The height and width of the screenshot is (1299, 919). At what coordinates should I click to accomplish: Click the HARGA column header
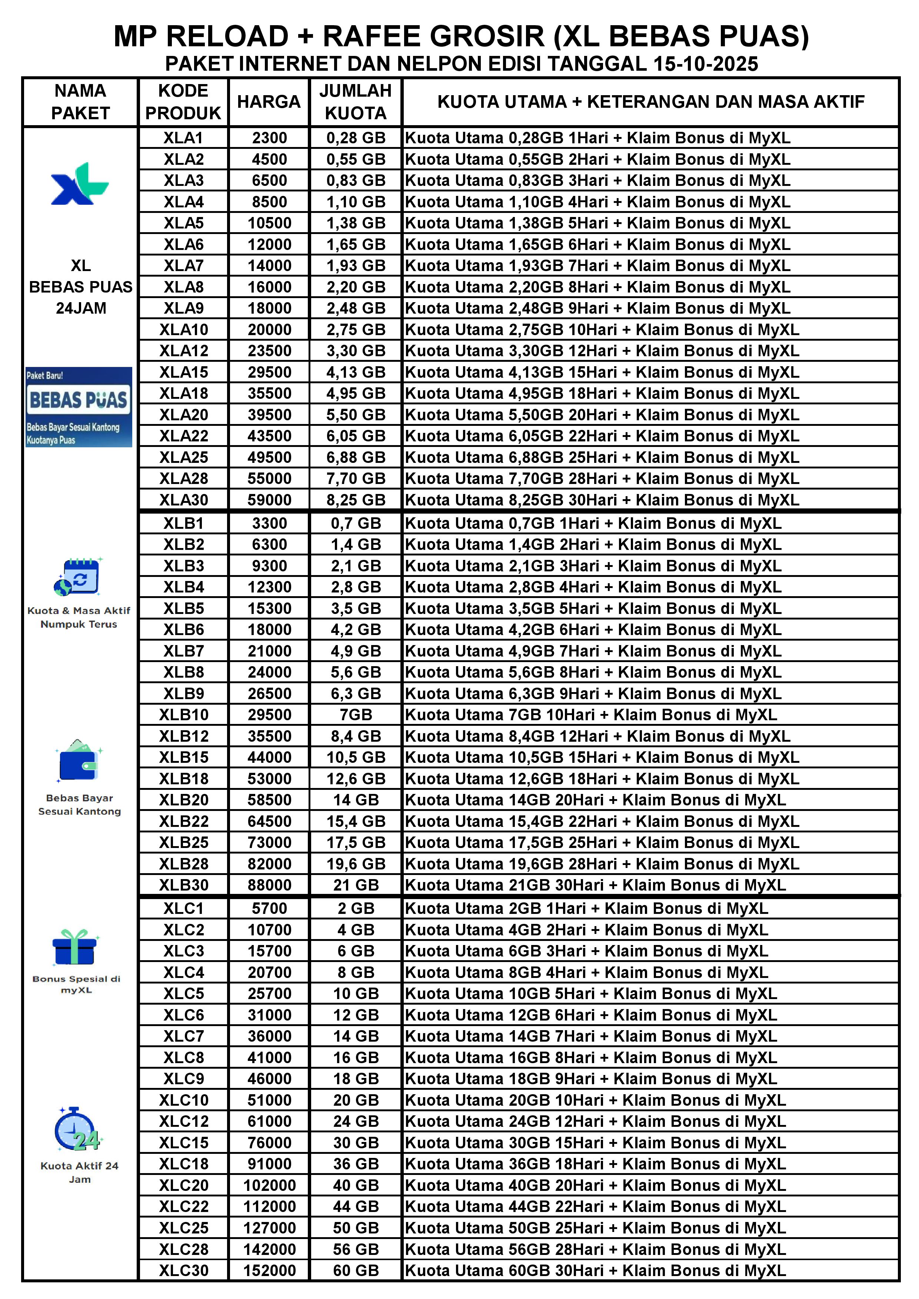[269, 102]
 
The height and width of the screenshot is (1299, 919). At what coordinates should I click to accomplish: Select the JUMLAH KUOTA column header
[355, 102]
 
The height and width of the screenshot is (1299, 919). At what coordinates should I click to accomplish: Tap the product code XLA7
[183, 266]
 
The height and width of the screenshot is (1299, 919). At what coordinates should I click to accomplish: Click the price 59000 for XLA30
[269, 500]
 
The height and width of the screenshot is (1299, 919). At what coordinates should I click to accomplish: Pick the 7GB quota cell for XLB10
[355, 715]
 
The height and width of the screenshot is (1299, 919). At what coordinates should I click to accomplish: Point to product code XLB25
[183, 843]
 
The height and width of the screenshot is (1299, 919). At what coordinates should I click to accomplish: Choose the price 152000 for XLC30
[269, 1271]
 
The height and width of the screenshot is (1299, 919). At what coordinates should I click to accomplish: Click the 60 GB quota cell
[355, 1271]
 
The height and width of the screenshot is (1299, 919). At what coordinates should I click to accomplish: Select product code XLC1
[183, 909]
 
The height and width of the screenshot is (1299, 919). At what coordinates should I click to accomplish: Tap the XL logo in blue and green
[80, 184]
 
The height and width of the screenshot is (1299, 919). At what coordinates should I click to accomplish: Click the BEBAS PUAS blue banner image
[79, 407]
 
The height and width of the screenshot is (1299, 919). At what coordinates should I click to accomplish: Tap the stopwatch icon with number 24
[77, 1130]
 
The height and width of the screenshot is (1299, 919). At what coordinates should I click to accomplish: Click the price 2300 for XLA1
[269, 138]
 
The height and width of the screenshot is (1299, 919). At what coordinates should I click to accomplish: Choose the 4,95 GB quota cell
[355, 394]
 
